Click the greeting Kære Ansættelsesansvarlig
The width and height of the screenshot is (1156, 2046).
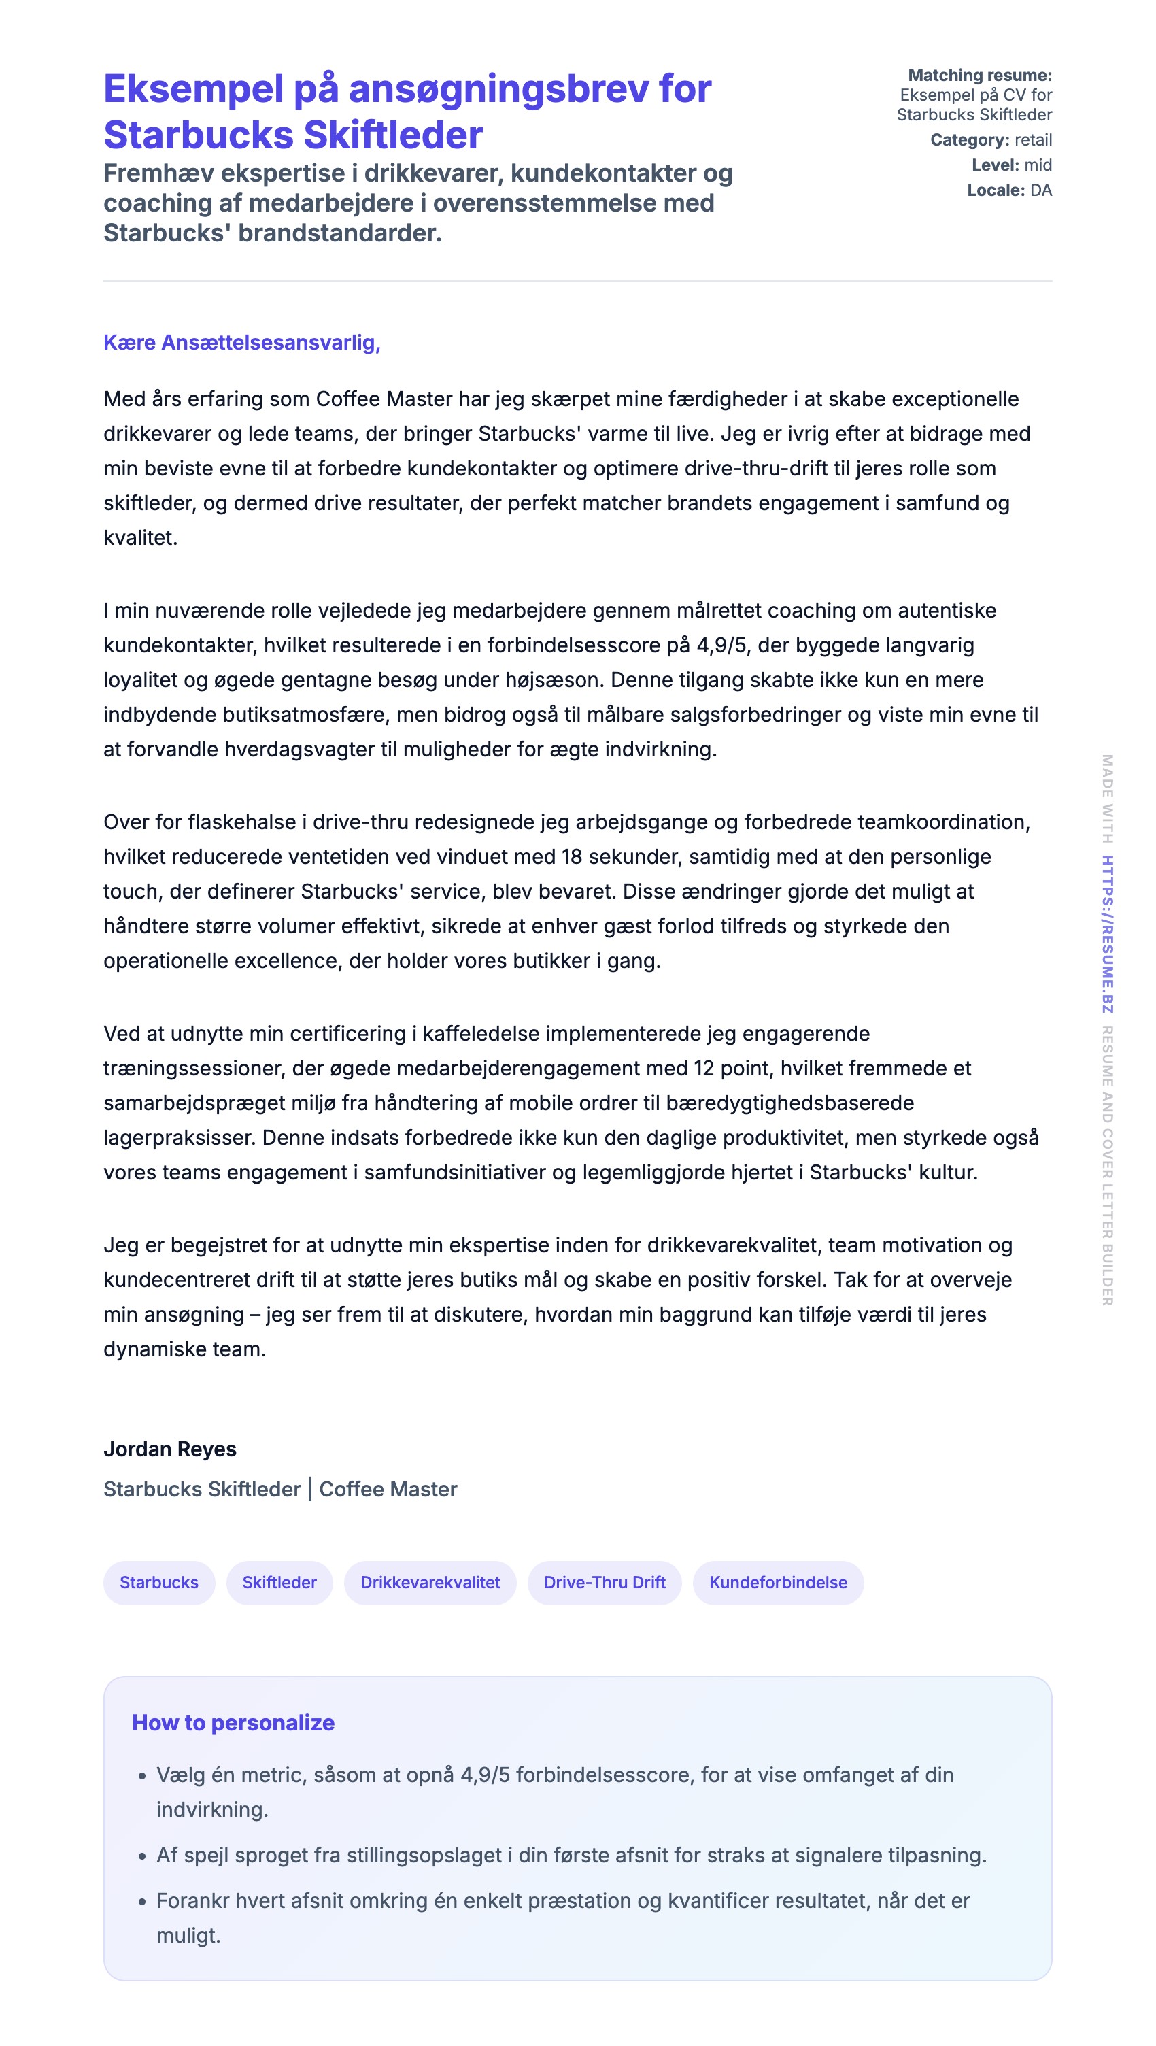tap(241, 342)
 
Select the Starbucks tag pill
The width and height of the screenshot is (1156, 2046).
tap(159, 1582)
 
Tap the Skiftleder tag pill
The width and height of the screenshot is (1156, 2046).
tap(279, 1582)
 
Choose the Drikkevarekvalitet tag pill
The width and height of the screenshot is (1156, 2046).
tap(430, 1582)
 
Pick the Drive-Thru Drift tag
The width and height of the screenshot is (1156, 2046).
tap(605, 1582)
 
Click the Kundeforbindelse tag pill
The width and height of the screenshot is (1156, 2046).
tap(778, 1582)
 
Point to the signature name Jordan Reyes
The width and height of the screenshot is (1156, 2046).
tap(170, 1449)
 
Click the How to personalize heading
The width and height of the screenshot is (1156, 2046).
tap(233, 1722)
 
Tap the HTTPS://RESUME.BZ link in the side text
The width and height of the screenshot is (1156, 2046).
tap(1107, 933)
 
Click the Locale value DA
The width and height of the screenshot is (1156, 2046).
tap(1041, 190)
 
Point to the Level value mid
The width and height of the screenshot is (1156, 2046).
tap(1038, 165)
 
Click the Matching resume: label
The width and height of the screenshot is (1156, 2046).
tap(980, 76)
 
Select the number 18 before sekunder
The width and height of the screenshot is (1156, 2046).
tap(572, 856)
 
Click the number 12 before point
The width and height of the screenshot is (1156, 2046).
tap(703, 1069)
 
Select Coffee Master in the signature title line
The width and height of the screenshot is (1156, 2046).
tap(388, 1489)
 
